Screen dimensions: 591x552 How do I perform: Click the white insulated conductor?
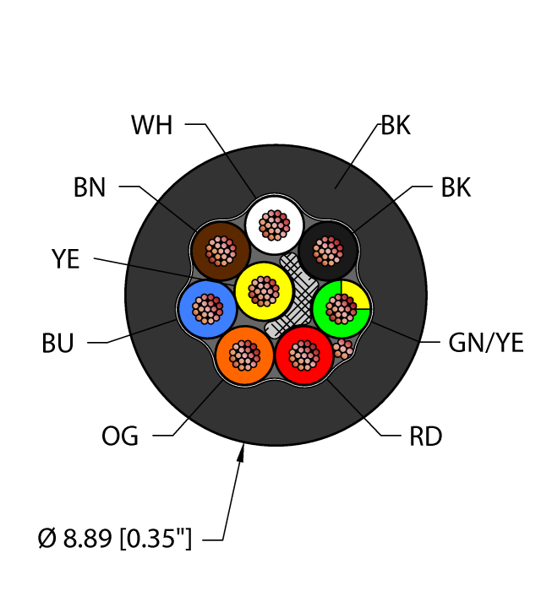point(274,225)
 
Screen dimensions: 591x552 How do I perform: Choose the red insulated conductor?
point(305,355)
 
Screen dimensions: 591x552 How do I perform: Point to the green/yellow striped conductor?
point(342,308)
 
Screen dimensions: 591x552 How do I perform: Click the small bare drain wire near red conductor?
point(342,349)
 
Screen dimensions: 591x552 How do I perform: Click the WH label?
point(153,126)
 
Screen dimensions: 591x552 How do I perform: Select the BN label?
point(90,187)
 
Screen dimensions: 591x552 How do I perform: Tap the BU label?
point(57,344)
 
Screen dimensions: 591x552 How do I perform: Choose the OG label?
point(120,436)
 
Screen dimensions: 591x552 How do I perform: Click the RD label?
point(425,436)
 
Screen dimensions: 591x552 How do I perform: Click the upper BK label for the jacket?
point(396,127)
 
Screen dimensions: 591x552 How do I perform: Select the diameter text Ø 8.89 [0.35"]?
point(114,538)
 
